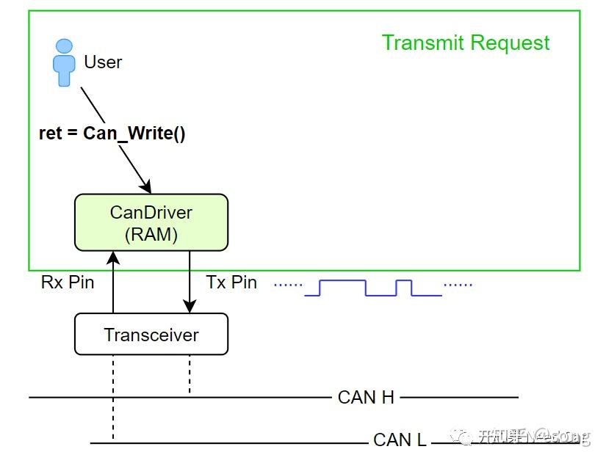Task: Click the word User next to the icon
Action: click(x=103, y=62)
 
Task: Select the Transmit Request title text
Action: click(x=466, y=43)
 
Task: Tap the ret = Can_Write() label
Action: click(x=112, y=134)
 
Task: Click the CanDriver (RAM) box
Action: click(x=151, y=222)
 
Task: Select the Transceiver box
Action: click(x=151, y=335)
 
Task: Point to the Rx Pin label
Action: click(x=68, y=282)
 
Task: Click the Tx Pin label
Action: click(x=231, y=282)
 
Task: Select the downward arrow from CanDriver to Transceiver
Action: click(x=190, y=282)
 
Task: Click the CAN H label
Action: click(x=366, y=398)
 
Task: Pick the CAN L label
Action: click(x=400, y=440)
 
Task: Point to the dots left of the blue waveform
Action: click(x=288, y=284)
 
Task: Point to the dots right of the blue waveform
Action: click(x=458, y=284)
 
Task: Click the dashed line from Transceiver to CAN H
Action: click(x=190, y=374)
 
